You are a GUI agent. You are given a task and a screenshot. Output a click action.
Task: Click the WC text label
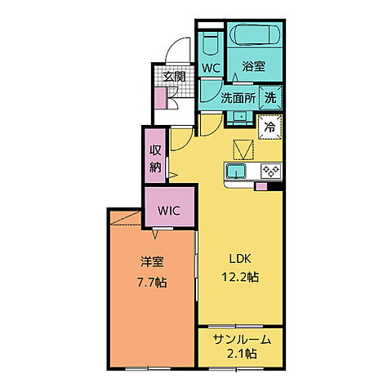[211, 68]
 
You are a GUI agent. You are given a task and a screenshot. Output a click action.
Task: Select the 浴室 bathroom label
[255, 68]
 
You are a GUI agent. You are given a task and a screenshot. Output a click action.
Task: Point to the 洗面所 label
[238, 97]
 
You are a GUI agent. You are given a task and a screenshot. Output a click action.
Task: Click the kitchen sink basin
[237, 171]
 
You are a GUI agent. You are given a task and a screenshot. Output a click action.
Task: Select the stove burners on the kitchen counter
[270, 171]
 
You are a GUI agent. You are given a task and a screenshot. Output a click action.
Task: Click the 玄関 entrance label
[172, 77]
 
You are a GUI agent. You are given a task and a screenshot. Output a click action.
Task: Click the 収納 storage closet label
[155, 158]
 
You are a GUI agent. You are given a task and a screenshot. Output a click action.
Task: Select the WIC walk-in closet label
[169, 210]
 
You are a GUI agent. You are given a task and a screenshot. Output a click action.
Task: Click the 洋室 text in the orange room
[151, 262]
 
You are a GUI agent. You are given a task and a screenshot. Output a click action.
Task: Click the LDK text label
[239, 258]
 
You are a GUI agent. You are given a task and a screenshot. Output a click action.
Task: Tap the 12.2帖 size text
[239, 277]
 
